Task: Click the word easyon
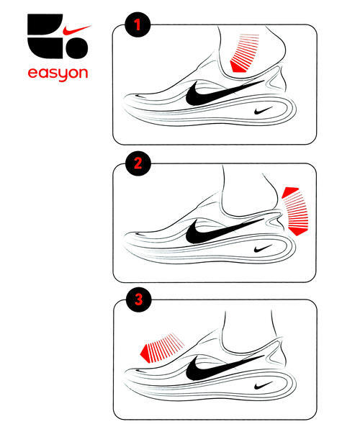pos(58,73)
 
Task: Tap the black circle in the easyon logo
pos(77,48)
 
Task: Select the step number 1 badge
pos(138,24)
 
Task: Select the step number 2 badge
pos(138,163)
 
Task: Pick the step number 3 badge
pos(138,300)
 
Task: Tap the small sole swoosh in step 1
pos(263,110)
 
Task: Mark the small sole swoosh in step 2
pos(263,248)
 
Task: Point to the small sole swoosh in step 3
pos(263,385)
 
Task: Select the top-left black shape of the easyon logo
pos(45,24)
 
